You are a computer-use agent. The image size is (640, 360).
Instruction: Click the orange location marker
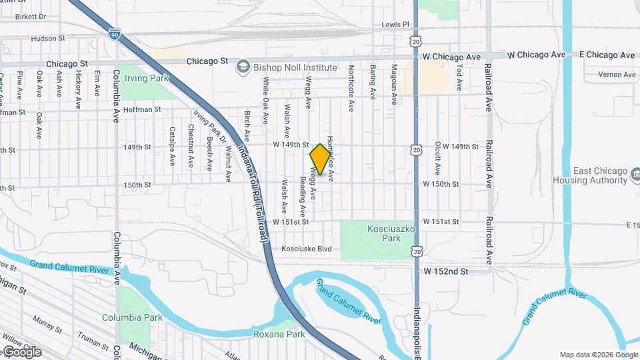point(321,159)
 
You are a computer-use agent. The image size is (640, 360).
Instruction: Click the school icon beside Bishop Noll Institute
point(243,67)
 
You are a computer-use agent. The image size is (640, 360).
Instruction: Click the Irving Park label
point(147,78)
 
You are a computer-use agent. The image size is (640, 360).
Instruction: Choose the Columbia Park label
point(132,317)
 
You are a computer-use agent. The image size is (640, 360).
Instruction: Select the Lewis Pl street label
point(395,24)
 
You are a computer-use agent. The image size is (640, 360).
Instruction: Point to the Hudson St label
point(47,39)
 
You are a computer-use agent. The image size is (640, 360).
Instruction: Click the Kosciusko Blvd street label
point(306,249)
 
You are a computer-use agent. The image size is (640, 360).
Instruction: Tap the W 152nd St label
point(446,271)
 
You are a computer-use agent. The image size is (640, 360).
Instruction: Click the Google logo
point(21,351)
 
